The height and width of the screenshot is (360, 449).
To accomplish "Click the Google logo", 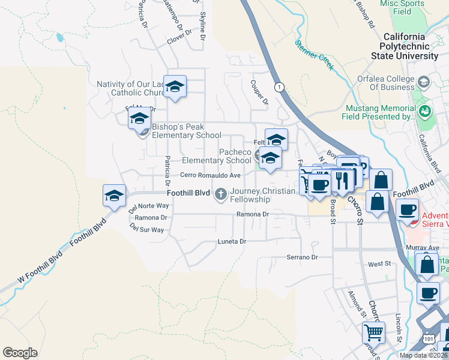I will pyautogui.click(x=20, y=353).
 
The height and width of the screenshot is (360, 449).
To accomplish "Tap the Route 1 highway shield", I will pyautogui.click(x=279, y=88).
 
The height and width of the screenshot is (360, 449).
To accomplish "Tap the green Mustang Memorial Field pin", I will pyautogui.click(x=426, y=110).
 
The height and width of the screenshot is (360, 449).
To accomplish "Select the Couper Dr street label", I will pyautogui.click(x=260, y=94).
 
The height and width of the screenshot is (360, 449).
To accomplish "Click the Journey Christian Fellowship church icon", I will pyautogui.click(x=221, y=193).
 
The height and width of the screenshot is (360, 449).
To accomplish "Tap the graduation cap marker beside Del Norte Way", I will pyautogui.click(x=115, y=195).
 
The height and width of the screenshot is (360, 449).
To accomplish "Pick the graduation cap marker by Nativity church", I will pyautogui.click(x=175, y=86).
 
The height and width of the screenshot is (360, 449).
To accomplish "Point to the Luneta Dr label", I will pyautogui.click(x=232, y=241).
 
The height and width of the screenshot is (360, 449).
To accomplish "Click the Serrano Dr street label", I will pyautogui.click(x=301, y=257).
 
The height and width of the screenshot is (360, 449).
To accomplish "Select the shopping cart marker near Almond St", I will pyautogui.click(x=373, y=331).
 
